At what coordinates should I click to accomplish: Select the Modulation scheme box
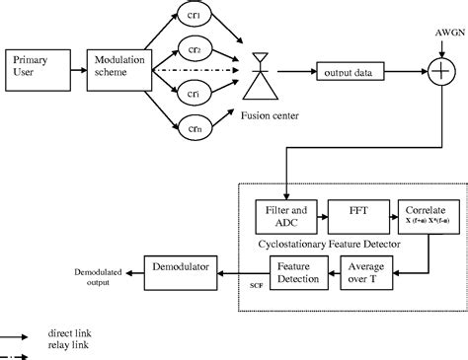pyautogui.click(x=117, y=69)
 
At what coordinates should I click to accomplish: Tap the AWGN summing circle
pyautogui.click(x=434, y=71)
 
